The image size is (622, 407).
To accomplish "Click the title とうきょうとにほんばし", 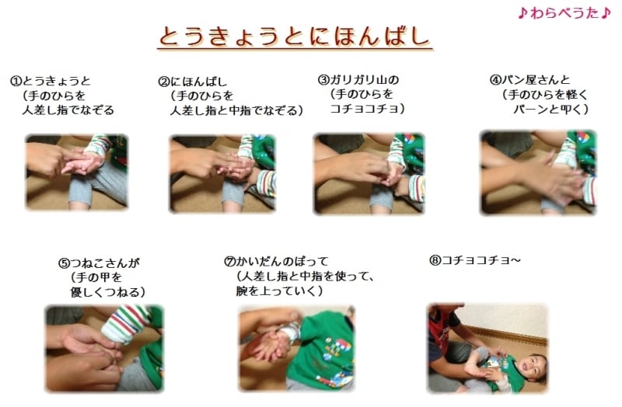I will [x=295, y=36].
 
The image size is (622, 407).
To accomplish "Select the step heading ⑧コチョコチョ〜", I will [x=474, y=260].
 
